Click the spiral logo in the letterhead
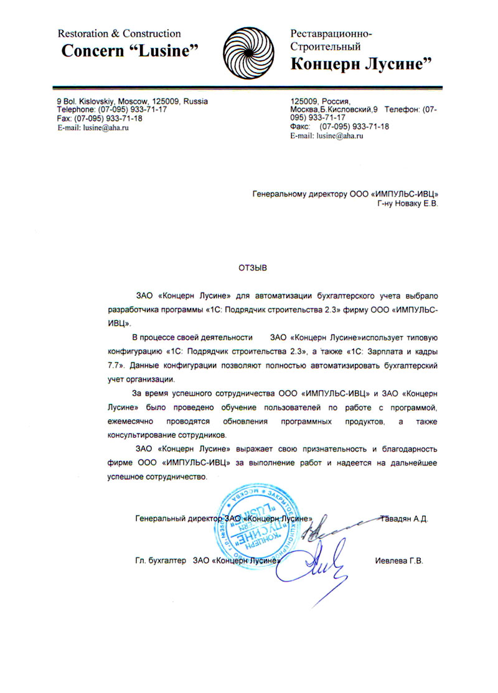[x=247, y=50]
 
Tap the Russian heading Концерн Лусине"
[x=361, y=63]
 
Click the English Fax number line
[x=100, y=118]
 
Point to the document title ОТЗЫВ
[x=251, y=268]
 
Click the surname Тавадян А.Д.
[x=403, y=518]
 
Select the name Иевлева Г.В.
[x=399, y=560]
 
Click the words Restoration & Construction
[x=120, y=34]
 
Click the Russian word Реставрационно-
[x=332, y=34]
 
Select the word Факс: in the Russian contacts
[x=301, y=126]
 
